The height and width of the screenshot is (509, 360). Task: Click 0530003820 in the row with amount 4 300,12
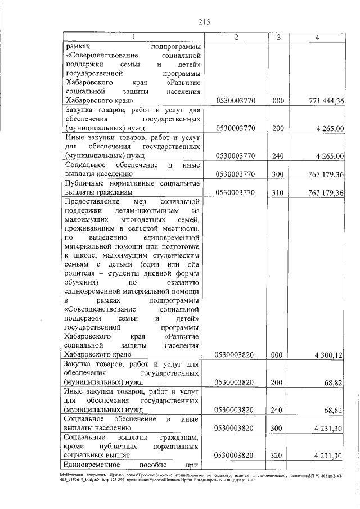(236, 354)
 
